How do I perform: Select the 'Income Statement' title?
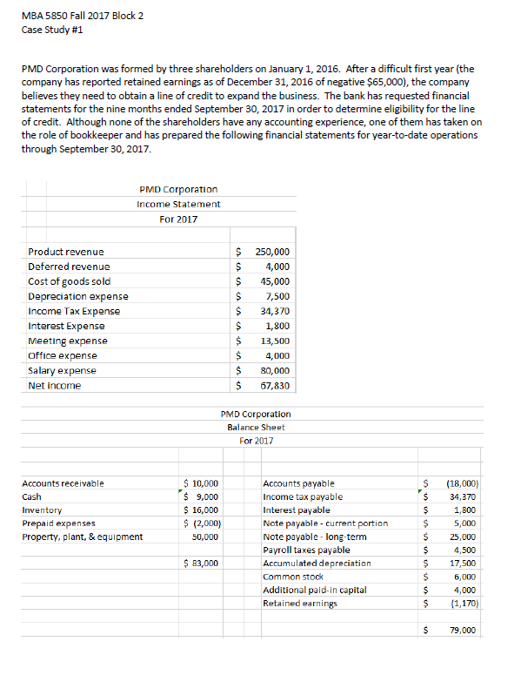(178, 204)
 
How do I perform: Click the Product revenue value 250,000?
(272, 251)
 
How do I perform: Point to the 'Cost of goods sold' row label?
(69, 281)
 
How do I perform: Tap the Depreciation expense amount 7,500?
(277, 296)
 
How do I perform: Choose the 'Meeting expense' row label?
(68, 341)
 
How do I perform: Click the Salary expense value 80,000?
(275, 370)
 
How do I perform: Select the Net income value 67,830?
(275, 385)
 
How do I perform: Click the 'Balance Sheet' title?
(256, 427)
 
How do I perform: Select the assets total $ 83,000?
(204, 564)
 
